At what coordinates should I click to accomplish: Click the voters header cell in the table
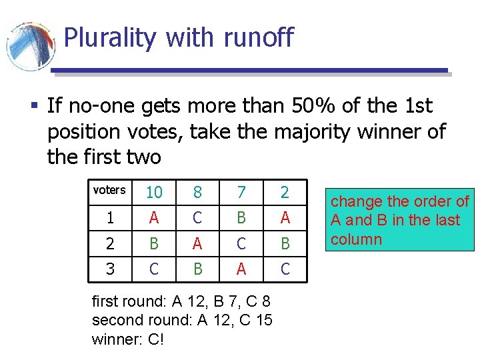tap(109, 191)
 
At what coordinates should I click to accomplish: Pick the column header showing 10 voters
tap(154, 193)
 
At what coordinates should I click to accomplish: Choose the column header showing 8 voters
tap(197, 193)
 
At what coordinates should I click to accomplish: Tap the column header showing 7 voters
tap(241, 193)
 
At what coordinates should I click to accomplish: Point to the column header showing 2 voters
tap(285, 193)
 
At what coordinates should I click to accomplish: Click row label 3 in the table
tap(110, 268)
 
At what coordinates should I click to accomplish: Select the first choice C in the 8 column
tap(197, 218)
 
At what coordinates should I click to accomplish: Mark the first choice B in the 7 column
tap(241, 218)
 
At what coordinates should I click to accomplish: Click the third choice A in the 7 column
tap(241, 268)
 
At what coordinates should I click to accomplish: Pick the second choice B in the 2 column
tap(285, 243)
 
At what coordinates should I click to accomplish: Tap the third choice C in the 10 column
tap(154, 268)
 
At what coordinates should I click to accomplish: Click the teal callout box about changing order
tap(400, 221)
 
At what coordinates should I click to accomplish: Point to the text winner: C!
tap(128, 339)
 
